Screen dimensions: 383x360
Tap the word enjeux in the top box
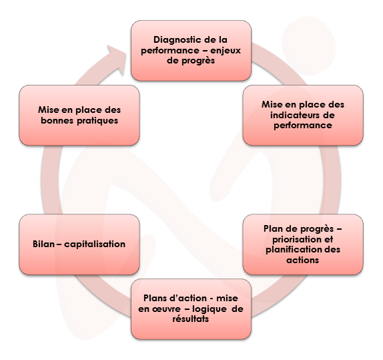(226, 51)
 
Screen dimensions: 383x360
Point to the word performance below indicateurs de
(303, 126)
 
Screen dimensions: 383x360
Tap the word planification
(291, 250)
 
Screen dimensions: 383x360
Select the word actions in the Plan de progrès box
(303, 260)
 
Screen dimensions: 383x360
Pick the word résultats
(191, 319)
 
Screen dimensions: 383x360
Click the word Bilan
(43, 244)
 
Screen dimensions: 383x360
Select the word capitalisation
(95, 244)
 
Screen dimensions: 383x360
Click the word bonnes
(57, 121)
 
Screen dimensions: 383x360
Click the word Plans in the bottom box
(155, 299)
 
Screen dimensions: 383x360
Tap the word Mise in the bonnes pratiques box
(48, 110)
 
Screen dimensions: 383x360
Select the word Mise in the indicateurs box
(272, 105)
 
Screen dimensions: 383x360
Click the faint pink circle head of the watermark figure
(309, 45)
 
